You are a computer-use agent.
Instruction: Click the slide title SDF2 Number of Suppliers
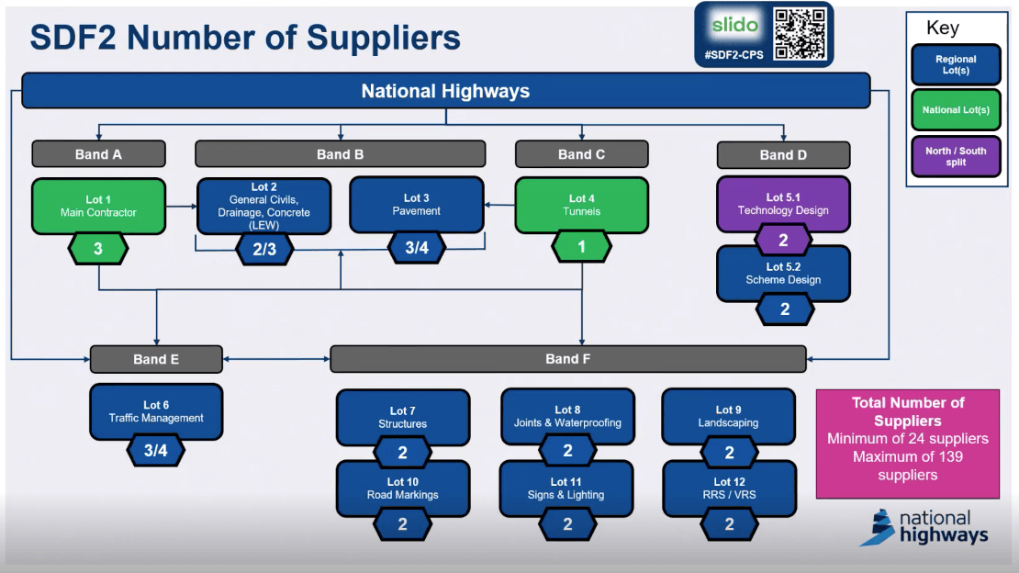point(245,38)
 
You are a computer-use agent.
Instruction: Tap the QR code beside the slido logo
point(800,33)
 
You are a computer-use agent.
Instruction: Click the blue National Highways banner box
point(445,91)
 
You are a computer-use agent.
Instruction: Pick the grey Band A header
point(98,154)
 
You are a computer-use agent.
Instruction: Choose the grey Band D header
point(783,154)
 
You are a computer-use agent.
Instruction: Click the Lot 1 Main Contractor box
point(98,206)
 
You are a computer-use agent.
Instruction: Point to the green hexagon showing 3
point(98,249)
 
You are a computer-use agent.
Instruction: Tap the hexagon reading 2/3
point(264,249)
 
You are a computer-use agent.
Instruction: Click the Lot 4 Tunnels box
point(581,205)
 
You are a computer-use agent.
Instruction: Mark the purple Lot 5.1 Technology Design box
point(783,204)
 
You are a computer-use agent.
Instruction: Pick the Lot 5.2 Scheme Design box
point(783,274)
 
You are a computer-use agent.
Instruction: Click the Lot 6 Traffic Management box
point(156,411)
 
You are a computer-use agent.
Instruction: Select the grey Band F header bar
point(567,359)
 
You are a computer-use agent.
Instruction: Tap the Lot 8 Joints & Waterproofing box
point(567,416)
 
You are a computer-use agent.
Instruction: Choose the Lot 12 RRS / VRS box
point(729,489)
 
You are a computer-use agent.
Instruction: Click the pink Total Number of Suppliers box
point(907,444)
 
